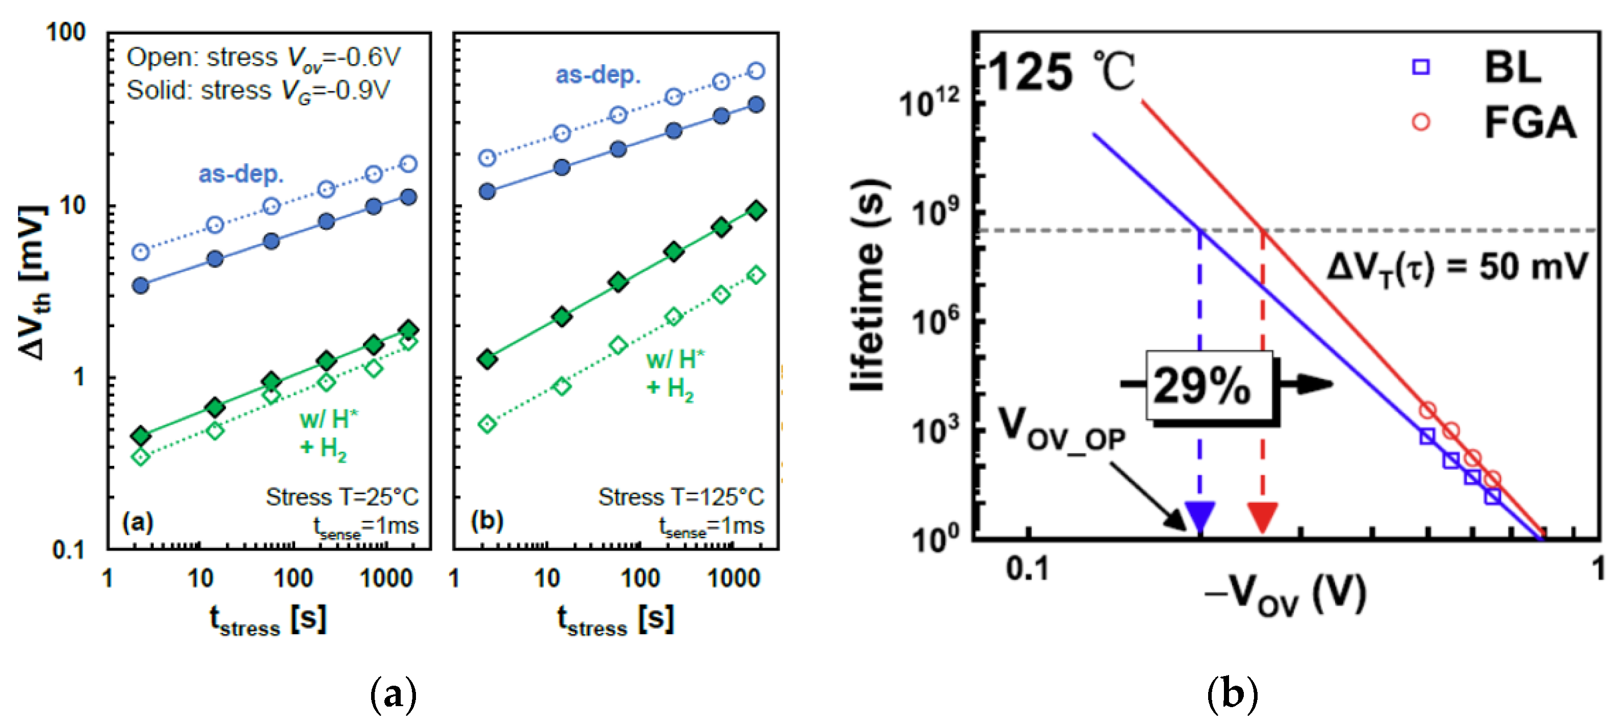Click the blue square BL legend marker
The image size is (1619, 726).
(x=1421, y=67)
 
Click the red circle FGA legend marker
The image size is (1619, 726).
(x=1421, y=122)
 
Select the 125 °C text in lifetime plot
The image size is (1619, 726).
(x=1062, y=72)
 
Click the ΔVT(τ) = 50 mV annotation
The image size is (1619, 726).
(x=1457, y=268)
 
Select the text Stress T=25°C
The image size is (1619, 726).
(x=342, y=497)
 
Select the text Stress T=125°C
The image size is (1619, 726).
(x=681, y=497)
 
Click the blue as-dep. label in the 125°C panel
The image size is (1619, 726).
(x=598, y=75)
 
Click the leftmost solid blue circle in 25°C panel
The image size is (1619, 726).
(x=141, y=286)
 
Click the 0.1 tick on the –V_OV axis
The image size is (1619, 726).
(x=1028, y=569)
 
